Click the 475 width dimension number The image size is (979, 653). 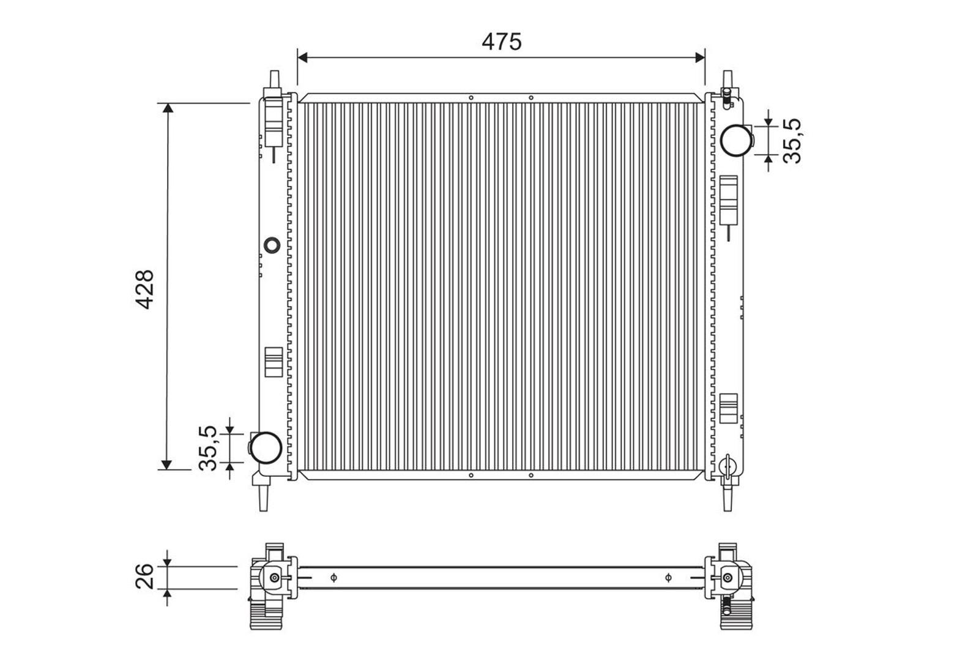[501, 42]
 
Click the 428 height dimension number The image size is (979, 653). [144, 290]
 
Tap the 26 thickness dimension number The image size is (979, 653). [144, 576]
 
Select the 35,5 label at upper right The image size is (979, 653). [792, 141]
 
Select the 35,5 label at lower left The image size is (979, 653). [207, 448]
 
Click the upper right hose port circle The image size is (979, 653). [737, 140]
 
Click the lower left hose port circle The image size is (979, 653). [266, 448]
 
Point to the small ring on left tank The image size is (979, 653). [273, 245]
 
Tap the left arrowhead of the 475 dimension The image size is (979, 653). [302, 58]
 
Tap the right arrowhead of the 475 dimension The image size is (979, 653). [700, 58]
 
